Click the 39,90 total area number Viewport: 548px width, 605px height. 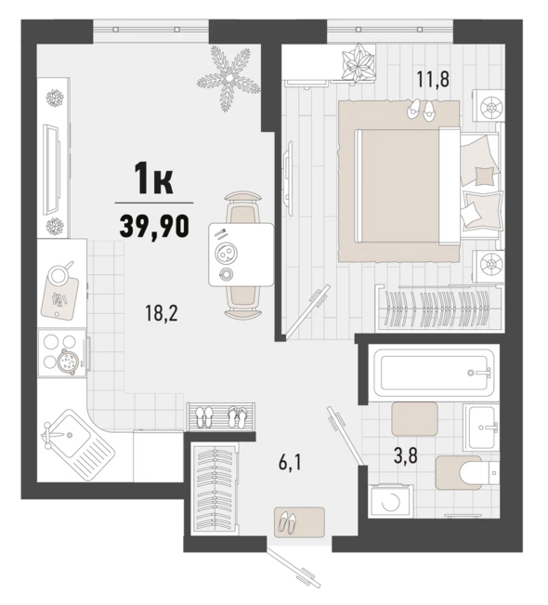(154, 226)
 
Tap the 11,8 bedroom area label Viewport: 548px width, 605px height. (433, 80)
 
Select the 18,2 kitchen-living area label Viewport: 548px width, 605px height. (162, 313)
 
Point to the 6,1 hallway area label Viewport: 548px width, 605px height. (289, 462)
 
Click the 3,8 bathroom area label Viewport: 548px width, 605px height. (406, 457)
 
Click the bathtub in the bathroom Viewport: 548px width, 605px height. (435, 373)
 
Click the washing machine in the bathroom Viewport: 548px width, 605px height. (390, 501)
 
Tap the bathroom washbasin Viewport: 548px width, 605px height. (481, 427)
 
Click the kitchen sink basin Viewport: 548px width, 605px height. (69, 435)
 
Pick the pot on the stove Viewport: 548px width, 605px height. (69, 361)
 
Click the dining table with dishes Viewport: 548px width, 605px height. (241, 255)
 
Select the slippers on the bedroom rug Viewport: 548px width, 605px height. (421, 109)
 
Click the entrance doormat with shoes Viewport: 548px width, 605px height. (299, 522)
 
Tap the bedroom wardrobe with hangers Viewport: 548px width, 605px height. (438, 307)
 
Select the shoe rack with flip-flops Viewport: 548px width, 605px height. (221, 416)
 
